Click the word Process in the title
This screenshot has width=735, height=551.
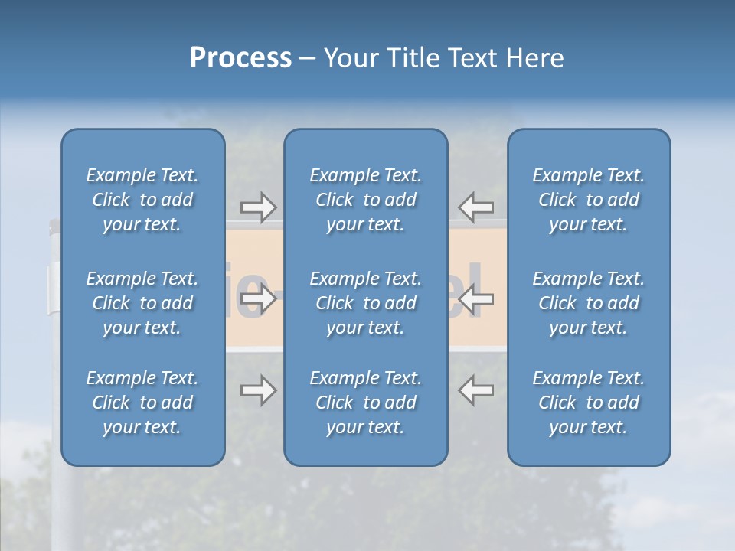pyautogui.click(x=240, y=58)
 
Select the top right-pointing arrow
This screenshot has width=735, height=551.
pyautogui.click(x=259, y=207)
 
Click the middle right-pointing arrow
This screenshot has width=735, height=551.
pyautogui.click(x=259, y=299)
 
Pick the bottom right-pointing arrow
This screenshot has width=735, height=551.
pyautogui.click(x=259, y=390)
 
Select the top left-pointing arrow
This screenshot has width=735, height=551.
pyautogui.click(x=475, y=207)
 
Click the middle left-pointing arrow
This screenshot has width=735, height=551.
pyautogui.click(x=475, y=299)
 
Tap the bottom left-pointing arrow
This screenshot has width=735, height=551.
pyautogui.click(x=475, y=390)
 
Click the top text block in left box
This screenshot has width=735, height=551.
pyautogui.click(x=142, y=200)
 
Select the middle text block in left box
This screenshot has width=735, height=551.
pyautogui.click(x=142, y=303)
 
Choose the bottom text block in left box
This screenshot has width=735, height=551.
pyautogui.click(x=142, y=403)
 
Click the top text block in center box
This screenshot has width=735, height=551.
pyautogui.click(x=365, y=200)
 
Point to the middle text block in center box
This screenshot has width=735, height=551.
pyautogui.click(x=365, y=303)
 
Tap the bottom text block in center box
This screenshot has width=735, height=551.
pyautogui.click(x=365, y=403)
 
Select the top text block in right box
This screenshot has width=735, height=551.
pyautogui.click(x=589, y=200)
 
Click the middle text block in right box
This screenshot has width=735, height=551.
pyautogui.click(x=589, y=303)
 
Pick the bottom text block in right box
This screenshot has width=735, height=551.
pyautogui.click(x=589, y=403)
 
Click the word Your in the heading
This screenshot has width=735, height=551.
pyautogui.click(x=350, y=58)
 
